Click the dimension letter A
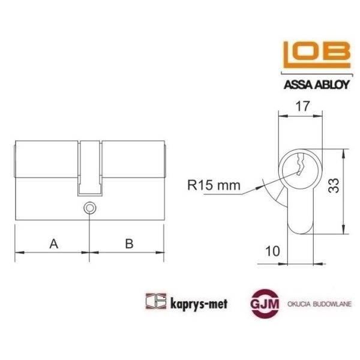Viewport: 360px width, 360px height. coord(53,244)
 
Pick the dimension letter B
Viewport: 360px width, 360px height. coord(127,244)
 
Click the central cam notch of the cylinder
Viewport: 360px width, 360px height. coord(89,168)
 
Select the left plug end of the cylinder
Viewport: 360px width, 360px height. coord(15,160)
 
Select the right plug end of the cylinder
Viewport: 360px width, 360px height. coord(164,160)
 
